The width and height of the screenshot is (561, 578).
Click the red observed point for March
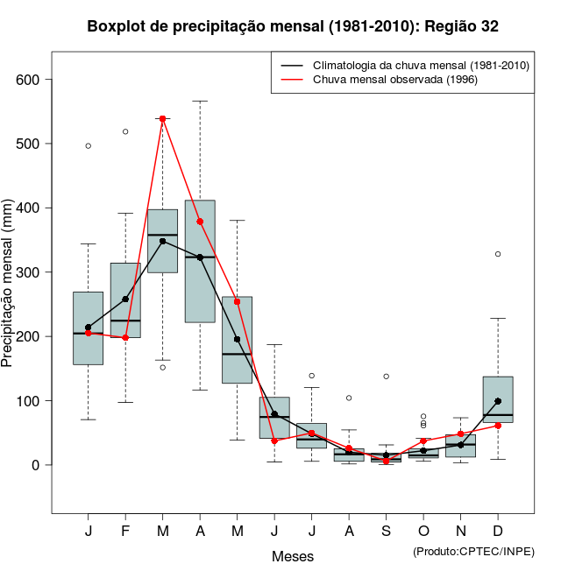163,118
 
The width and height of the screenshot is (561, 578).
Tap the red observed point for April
200,222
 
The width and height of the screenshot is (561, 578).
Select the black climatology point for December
498,401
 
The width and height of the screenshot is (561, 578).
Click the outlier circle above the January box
89,145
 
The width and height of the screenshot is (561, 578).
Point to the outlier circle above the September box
386,377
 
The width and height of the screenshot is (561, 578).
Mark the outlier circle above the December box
498,254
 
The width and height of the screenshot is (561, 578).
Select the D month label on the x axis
498,532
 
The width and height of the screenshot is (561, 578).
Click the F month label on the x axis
125,532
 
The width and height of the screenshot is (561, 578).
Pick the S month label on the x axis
386,532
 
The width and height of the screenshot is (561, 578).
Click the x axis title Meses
293,556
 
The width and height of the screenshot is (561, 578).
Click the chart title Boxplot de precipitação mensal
293,27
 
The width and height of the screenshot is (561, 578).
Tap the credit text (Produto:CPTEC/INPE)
473,551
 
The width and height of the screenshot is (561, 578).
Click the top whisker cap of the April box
200,101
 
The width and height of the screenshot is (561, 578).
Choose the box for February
125,300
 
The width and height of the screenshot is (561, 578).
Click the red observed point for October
423,441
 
